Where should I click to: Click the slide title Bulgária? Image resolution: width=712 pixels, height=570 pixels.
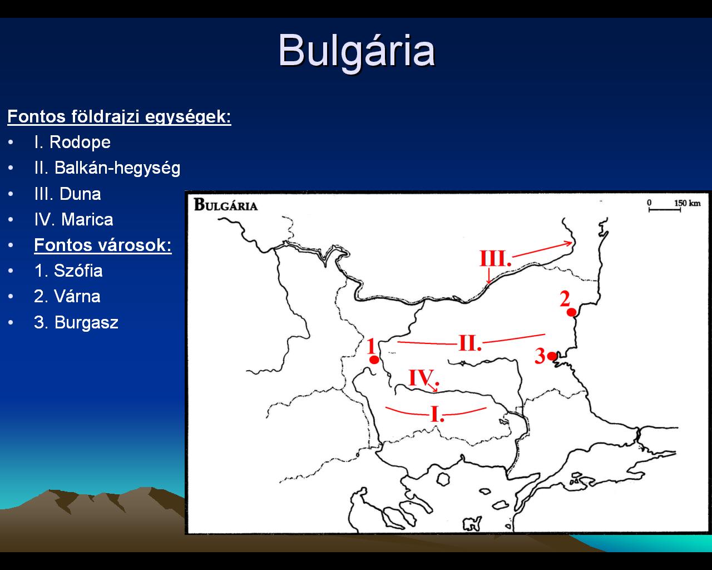[x=357, y=52]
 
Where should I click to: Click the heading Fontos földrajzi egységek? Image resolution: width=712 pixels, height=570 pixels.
[x=119, y=116]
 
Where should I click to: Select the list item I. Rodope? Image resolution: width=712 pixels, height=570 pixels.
[x=72, y=142]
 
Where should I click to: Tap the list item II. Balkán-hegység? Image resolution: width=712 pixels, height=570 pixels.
[x=107, y=168]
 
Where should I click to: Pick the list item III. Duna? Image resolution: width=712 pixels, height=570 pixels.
[x=67, y=194]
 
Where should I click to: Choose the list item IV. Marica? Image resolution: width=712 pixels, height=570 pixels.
[x=73, y=219]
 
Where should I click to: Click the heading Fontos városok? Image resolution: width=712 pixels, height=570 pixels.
[x=102, y=245]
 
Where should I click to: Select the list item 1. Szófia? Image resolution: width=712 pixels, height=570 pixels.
[x=68, y=271]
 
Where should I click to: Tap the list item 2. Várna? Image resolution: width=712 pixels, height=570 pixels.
[x=67, y=297]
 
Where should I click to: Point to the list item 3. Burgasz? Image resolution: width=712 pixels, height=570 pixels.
[x=76, y=322]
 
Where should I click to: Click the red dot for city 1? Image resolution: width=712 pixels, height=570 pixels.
[x=374, y=360]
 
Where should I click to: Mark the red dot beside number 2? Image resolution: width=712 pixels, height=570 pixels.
[x=571, y=312]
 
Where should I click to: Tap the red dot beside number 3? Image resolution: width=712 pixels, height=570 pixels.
[x=552, y=356]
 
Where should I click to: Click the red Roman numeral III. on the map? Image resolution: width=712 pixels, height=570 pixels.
[x=495, y=259]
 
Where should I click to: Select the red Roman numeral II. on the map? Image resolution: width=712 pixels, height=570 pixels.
[x=470, y=343]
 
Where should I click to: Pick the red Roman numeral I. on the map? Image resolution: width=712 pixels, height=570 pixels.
[x=437, y=414]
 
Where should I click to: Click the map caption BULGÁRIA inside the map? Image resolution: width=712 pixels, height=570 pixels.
[x=226, y=205]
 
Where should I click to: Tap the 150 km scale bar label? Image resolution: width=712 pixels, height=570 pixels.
[x=688, y=203]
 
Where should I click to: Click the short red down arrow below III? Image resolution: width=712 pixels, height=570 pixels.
[x=489, y=276]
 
